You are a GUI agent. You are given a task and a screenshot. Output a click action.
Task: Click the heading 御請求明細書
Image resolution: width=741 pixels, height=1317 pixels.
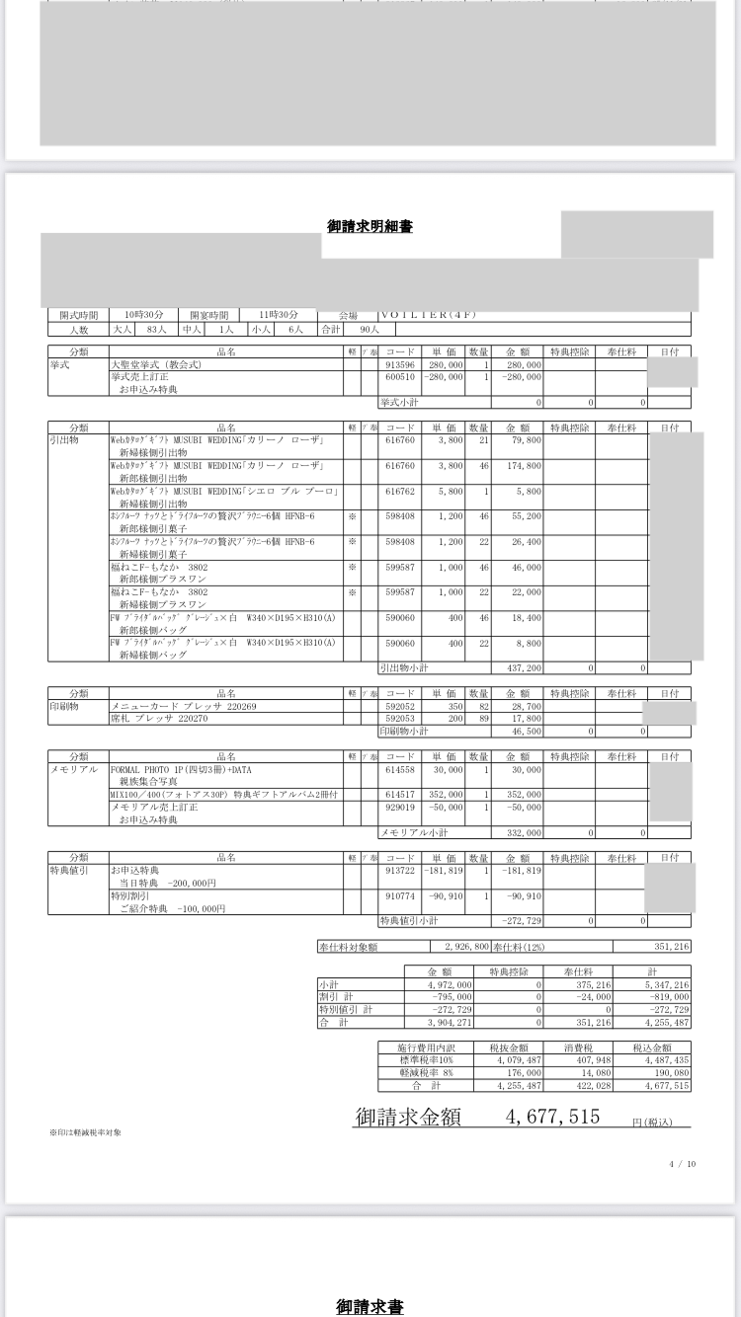coord(370,226)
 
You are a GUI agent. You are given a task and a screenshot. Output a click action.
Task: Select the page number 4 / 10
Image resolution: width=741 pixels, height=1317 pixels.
coord(682,1164)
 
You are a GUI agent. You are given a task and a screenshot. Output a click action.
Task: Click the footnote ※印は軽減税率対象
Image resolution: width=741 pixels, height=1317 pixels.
coord(86,1131)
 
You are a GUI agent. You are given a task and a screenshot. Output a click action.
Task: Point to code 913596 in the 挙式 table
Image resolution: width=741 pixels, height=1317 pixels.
coord(399,364)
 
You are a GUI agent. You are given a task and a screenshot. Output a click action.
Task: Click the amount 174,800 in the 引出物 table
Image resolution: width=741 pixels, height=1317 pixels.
coord(523,464)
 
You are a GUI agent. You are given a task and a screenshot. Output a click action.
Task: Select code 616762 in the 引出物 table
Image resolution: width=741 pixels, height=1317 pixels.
coord(399,491)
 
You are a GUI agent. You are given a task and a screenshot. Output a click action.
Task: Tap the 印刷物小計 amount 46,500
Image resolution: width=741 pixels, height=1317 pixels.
coord(525,732)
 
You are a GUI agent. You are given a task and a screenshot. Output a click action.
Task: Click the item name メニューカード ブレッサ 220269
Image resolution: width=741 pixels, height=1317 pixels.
coord(183,706)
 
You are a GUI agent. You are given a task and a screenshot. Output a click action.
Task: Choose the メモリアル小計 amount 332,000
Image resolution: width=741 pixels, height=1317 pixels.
coord(525,832)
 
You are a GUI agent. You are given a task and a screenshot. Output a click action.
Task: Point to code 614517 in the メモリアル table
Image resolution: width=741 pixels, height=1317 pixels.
coord(399,795)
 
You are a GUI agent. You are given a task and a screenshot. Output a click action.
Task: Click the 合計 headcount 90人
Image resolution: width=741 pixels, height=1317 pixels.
coord(355,329)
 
